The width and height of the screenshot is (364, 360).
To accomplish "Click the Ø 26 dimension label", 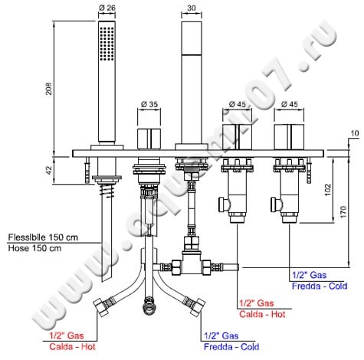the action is (107, 8).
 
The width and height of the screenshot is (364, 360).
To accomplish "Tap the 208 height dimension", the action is (48, 89).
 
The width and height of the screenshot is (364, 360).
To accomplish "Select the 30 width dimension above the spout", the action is (192, 8).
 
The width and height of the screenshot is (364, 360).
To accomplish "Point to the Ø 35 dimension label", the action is (149, 104).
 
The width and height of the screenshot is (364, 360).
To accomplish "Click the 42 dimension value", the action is (48, 170).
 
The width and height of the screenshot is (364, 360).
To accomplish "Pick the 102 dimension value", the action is (328, 190).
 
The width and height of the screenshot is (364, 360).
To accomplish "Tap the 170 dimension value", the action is (343, 211).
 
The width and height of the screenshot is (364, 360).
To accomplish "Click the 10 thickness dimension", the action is (355, 133).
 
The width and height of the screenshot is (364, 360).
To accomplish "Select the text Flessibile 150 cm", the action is (43, 237).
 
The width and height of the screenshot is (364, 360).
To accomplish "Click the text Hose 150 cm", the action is (34, 248).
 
